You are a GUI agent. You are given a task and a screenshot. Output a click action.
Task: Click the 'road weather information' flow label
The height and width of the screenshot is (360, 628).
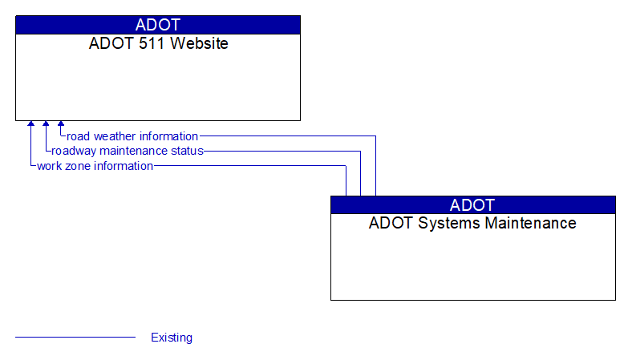tap(132, 136)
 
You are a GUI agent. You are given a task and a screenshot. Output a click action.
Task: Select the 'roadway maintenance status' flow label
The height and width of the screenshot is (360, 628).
tap(128, 151)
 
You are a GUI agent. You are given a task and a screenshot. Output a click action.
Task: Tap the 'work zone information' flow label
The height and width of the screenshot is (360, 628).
tap(95, 166)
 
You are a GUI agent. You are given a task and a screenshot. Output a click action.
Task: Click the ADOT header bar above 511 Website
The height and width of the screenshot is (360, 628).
tap(158, 25)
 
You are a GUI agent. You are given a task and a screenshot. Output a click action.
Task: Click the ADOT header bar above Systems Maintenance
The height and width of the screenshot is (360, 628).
tap(473, 204)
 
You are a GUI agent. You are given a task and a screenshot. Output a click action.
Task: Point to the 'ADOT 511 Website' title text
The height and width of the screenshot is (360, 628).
tap(158, 43)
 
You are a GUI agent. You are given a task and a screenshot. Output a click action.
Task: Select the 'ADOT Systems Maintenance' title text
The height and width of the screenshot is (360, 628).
tap(472, 223)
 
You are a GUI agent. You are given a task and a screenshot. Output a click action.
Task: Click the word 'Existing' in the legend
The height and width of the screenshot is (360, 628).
tap(172, 338)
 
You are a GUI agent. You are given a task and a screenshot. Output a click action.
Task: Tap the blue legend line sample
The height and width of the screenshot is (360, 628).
tap(75, 338)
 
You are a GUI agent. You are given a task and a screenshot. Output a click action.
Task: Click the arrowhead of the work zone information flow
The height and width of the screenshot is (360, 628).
tap(31, 124)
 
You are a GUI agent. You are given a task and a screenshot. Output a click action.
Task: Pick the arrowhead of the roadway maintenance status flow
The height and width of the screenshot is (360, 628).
tap(46, 124)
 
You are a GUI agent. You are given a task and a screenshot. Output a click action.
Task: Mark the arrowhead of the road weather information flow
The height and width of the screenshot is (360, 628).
tap(61, 124)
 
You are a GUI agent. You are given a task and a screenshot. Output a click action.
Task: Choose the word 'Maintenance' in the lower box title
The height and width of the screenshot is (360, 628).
tap(528, 223)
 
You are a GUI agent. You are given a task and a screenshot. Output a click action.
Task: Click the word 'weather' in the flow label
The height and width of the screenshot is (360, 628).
tap(115, 136)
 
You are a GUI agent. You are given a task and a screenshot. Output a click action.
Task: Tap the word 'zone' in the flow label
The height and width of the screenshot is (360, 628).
tap(79, 166)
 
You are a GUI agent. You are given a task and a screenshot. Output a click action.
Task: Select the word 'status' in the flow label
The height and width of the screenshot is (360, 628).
tap(187, 151)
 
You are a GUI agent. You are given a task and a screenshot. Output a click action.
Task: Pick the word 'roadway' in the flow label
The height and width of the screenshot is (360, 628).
tap(74, 151)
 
